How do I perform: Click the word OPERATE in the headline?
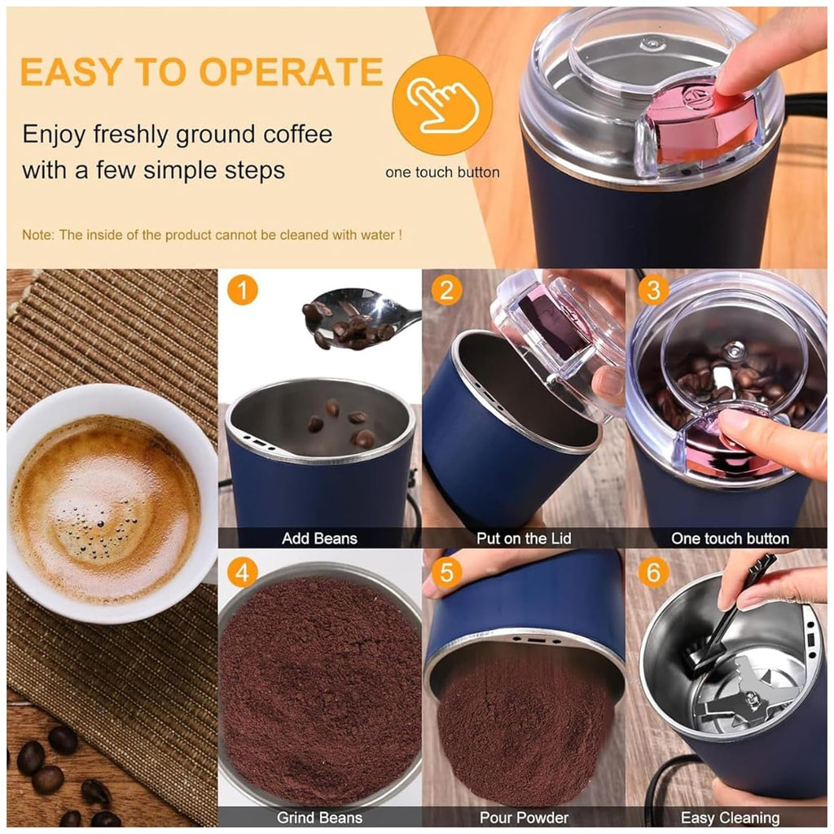pos(291,72)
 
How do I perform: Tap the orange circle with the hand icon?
pos(442,105)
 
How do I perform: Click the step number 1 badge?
pos(243,290)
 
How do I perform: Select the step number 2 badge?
pos(446,290)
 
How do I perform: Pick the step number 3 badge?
pos(653,290)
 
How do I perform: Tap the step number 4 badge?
pos(243,573)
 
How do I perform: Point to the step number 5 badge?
pos(446,573)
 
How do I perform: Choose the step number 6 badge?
pos(653,573)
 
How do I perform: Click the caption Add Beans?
pos(319,538)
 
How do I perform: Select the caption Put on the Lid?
pos(524,538)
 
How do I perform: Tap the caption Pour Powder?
pos(524,817)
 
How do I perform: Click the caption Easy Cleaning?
pos(730,818)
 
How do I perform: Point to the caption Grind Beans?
pos(319,817)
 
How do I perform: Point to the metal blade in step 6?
pos(744,691)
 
